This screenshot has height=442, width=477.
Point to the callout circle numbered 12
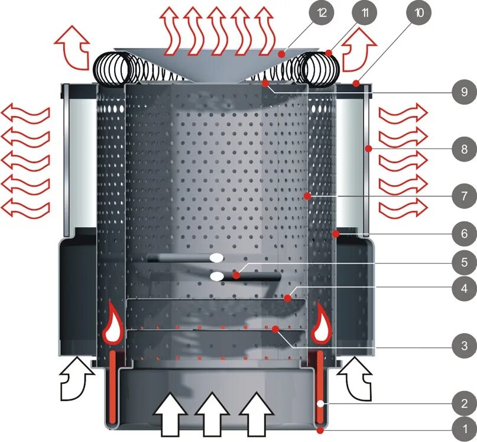click(321, 14)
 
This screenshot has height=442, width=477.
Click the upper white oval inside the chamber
click(216, 258)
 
